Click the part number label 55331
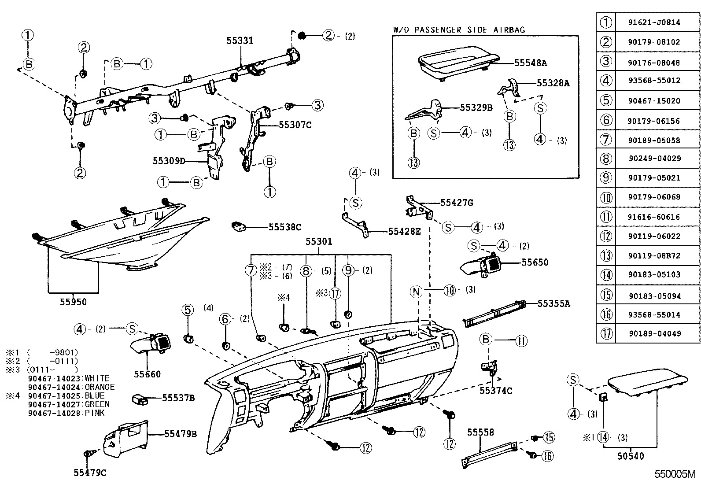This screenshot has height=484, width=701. (240, 41)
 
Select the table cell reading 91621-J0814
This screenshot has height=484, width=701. (653, 22)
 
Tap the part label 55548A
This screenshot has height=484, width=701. (530, 63)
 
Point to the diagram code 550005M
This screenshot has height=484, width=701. (674, 474)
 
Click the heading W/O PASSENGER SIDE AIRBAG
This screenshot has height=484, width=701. (459, 30)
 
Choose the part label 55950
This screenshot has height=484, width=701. (74, 302)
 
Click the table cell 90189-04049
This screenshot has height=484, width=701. (653, 334)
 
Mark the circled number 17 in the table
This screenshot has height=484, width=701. (606, 334)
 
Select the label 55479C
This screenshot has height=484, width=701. (90, 473)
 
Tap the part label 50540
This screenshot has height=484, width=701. (630, 456)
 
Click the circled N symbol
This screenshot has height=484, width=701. (416, 291)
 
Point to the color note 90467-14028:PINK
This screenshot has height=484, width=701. (66, 413)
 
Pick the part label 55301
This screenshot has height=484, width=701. (319, 242)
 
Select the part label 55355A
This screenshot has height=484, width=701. (553, 303)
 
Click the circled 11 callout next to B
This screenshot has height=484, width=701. (521, 340)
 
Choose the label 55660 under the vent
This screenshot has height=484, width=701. (148, 374)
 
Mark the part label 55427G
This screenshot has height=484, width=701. (457, 203)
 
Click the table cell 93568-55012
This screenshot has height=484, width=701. (653, 81)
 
